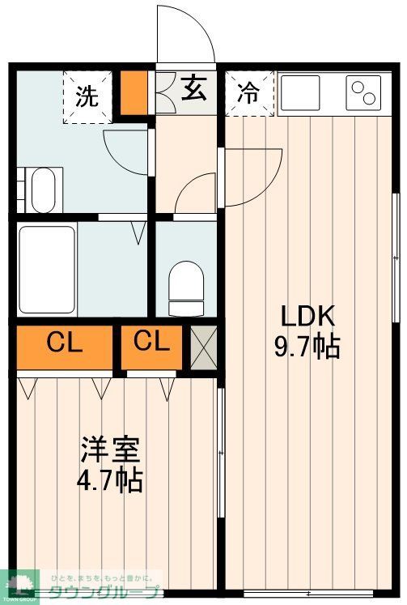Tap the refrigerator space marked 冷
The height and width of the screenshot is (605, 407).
click(249, 94)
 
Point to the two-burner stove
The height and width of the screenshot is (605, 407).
click(364, 92)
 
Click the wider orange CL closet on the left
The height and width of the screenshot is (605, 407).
click(65, 344)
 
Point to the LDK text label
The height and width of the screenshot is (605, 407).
click(307, 317)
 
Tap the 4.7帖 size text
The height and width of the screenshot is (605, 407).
click(110, 480)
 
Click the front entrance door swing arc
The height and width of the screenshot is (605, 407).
click(186, 32)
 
